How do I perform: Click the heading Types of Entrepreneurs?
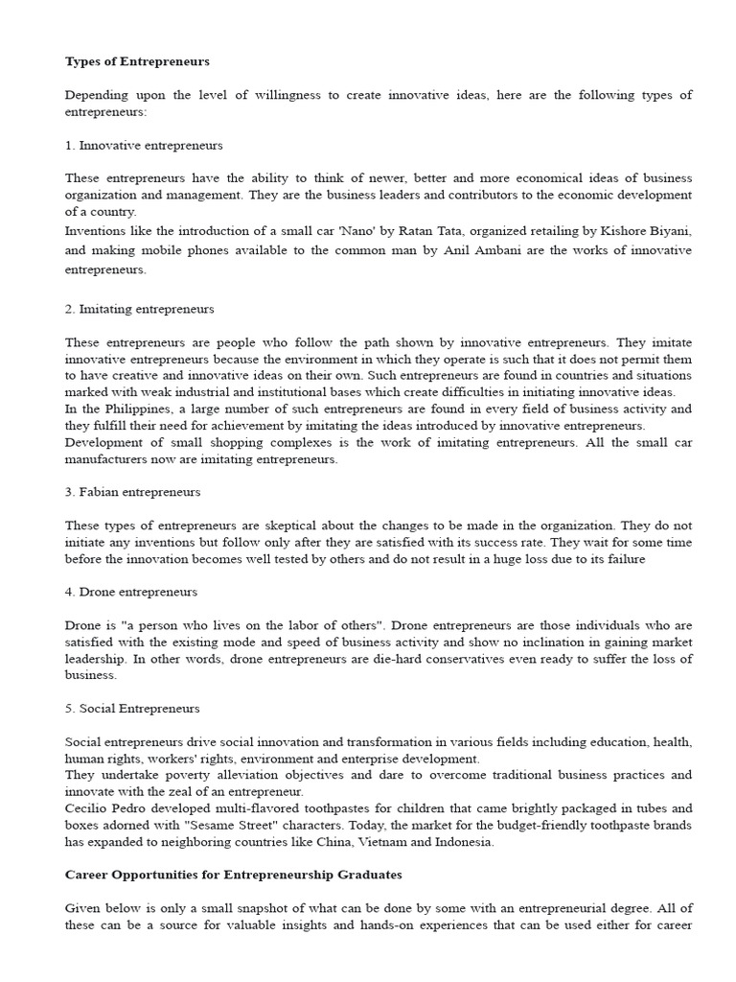point(137,61)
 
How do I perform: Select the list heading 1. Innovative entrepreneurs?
point(144,146)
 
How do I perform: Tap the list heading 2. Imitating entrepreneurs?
point(140,310)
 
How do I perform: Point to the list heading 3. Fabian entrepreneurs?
point(133,492)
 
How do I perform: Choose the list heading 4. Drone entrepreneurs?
point(131,592)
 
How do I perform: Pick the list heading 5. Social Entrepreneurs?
point(132,709)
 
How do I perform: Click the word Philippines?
point(124,409)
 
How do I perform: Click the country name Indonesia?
point(464,842)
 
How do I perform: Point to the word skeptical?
point(279,526)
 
